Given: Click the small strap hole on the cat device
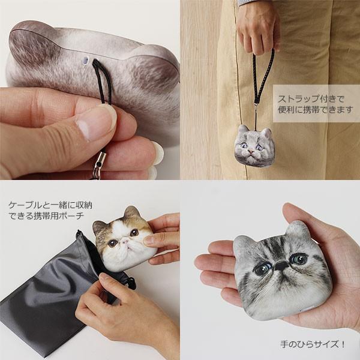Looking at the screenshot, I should (85, 61).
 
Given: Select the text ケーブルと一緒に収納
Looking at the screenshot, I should (46, 205).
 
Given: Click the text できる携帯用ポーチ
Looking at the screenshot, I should (46, 216).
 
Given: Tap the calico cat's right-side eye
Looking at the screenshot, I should (134, 232).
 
